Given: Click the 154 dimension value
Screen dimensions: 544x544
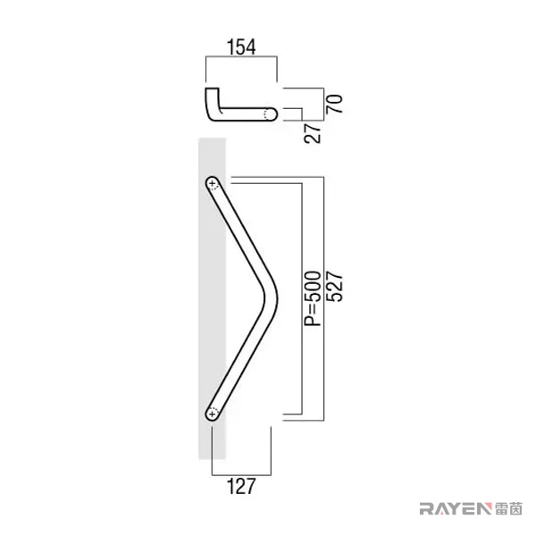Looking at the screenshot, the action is tap(241, 47).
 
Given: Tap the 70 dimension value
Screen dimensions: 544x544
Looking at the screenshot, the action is tap(334, 104).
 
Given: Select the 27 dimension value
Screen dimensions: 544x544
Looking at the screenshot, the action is tap(313, 132).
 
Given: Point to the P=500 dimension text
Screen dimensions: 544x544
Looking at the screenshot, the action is tap(313, 298).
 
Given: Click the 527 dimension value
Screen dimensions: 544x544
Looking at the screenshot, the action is tap(334, 288).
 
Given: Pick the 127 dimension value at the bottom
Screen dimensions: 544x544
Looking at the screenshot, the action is tap(241, 486).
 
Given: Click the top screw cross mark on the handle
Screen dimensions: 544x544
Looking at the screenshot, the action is tap(212, 183).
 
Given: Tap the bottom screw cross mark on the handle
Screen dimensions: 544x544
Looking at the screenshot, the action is tap(212, 414).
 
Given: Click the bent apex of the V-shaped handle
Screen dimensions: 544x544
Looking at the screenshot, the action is tap(272, 298).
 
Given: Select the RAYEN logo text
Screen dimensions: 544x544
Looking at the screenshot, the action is tap(456, 509).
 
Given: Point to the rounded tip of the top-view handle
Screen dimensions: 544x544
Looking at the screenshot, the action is tap(275, 114).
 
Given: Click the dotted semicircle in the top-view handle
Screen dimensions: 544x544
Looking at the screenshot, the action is tap(266, 114).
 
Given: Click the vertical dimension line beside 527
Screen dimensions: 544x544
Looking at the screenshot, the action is tap(323, 298).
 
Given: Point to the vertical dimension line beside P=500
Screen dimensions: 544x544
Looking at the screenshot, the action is tap(302, 298).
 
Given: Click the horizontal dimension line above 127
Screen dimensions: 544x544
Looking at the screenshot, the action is tap(241, 474).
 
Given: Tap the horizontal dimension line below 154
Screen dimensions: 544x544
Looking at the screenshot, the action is tap(241, 56).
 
